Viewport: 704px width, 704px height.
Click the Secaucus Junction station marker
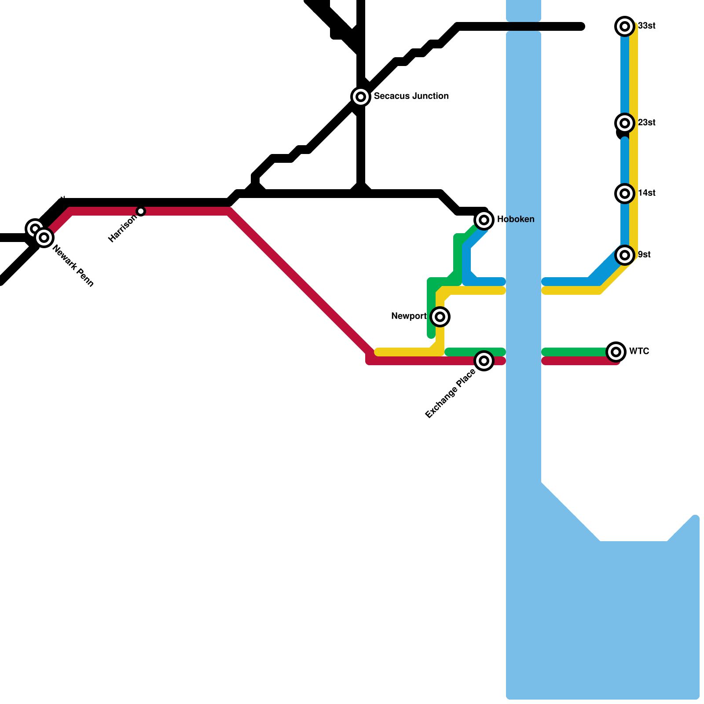pyautogui.click(x=361, y=96)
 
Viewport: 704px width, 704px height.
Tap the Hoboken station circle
pyautogui.click(x=484, y=220)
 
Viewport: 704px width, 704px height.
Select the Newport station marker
pyautogui.click(x=440, y=316)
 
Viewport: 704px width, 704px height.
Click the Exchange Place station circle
pyautogui.click(x=484, y=361)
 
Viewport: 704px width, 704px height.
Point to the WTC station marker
pyautogui.click(x=616, y=352)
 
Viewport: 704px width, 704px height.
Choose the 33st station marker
pyautogui.click(x=625, y=26)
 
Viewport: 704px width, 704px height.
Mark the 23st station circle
pyautogui.click(x=625, y=123)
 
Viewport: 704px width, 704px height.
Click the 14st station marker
pyautogui.click(x=625, y=193)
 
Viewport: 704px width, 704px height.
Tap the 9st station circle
pyautogui.click(x=625, y=255)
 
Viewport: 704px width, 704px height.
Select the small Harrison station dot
pyautogui.click(x=141, y=211)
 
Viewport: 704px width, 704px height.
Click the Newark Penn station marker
pyautogui.click(x=44, y=238)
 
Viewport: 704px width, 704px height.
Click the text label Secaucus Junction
pyautogui.click(x=411, y=96)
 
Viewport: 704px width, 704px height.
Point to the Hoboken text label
pyautogui.click(x=516, y=219)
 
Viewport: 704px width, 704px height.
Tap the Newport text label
pyautogui.click(x=409, y=316)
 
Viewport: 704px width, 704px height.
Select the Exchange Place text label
pyautogui.click(x=451, y=393)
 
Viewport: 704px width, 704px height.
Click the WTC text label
pyautogui.click(x=639, y=351)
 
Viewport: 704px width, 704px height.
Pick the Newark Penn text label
pyautogui.click(x=73, y=266)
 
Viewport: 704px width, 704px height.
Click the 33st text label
pyautogui.click(x=646, y=26)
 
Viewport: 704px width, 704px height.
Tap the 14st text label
pyautogui.click(x=646, y=193)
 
